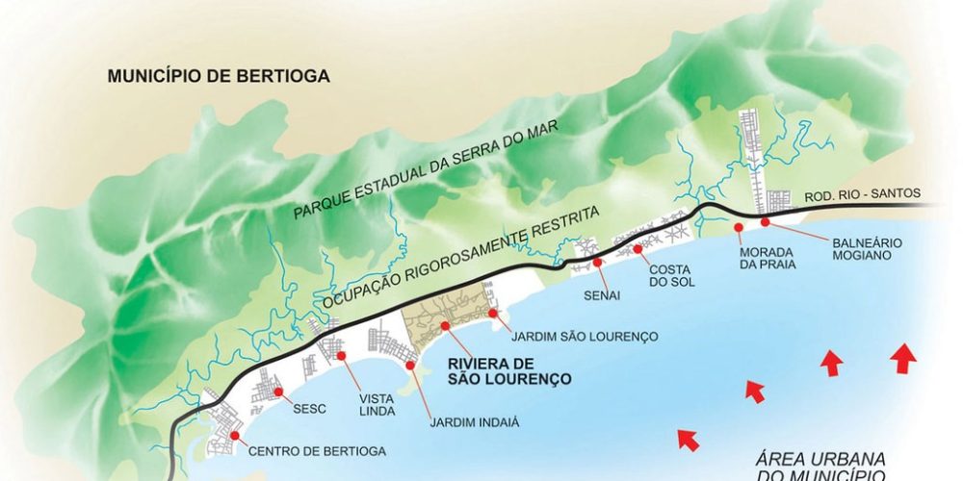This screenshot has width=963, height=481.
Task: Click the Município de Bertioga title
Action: (218, 76)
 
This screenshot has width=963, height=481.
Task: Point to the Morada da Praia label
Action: (767, 258)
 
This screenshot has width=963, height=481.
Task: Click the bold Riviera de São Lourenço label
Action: (510, 371)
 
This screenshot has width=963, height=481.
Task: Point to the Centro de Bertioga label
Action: (317, 450)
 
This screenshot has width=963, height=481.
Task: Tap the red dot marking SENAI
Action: (597, 262)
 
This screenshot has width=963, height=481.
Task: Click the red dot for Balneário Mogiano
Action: (766, 222)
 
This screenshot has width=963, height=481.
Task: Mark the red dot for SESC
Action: (278, 392)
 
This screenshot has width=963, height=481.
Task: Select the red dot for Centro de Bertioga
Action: (235, 436)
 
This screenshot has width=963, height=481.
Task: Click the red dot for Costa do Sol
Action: (638, 249)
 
